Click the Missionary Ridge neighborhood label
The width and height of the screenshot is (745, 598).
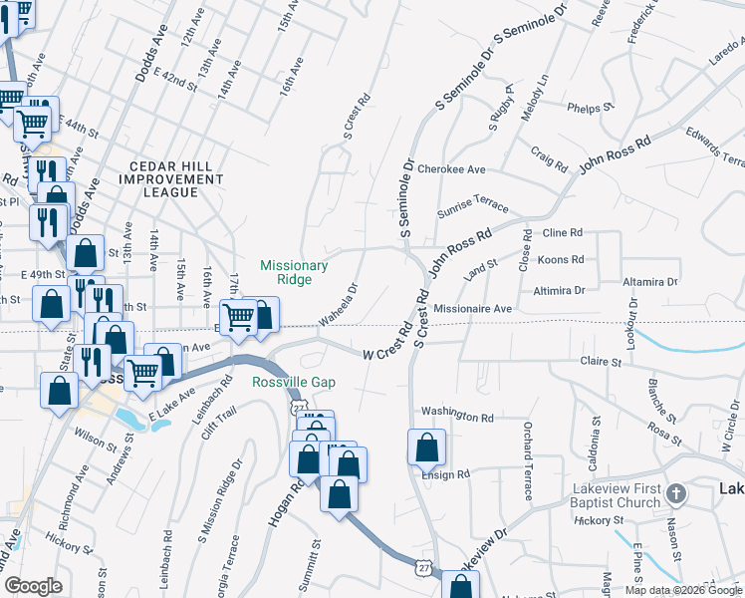click(294, 272)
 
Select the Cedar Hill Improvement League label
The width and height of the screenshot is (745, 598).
click(170, 178)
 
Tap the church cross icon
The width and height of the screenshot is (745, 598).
click(675, 494)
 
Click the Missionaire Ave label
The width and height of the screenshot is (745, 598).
click(472, 309)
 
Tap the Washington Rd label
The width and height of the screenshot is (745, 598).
click(457, 417)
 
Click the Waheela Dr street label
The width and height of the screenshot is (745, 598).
click(339, 306)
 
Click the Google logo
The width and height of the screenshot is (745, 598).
click(33, 586)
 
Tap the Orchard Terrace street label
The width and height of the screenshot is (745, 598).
click(528, 460)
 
